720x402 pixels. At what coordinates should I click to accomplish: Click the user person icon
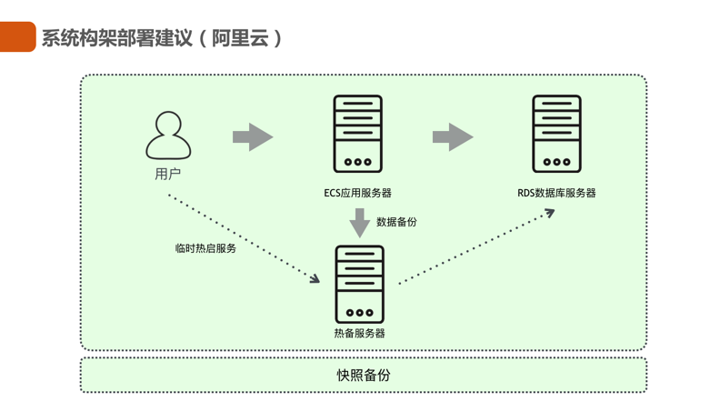coord(168,135)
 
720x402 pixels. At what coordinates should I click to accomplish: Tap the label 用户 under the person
coord(168,175)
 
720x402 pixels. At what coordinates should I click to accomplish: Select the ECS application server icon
coord(358,134)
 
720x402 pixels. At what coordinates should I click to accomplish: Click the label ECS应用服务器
coord(358,193)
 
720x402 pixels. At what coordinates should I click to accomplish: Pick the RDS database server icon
coord(556,134)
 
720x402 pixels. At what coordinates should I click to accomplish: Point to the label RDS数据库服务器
coord(556,193)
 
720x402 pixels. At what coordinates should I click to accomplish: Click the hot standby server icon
coord(360,284)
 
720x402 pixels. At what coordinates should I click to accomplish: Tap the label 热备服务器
coord(360,334)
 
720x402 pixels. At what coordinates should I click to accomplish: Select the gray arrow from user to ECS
coord(253,137)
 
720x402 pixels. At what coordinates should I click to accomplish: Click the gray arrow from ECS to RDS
coord(453,137)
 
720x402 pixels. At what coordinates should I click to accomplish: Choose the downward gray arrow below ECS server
coord(360,222)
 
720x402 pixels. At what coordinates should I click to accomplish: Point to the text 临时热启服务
coord(206,247)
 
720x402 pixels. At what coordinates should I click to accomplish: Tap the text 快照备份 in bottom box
coord(364,375)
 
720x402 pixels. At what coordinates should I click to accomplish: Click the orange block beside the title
coord(17,37)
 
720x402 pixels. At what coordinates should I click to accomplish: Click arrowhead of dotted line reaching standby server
coord(315,279)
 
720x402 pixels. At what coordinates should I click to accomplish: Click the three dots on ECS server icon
coord(358,162)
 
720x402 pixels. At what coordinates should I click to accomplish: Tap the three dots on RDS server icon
coord(556,162)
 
